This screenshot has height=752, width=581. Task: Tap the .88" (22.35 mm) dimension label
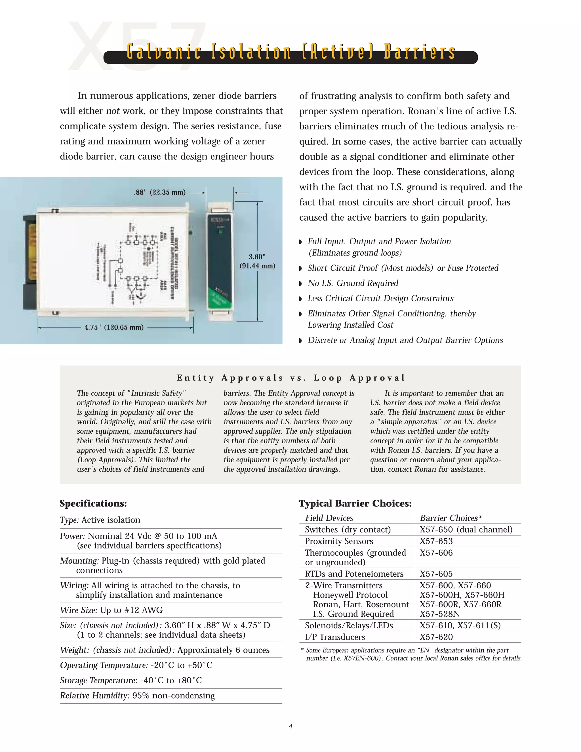pyautogui.click(x=159, y=192)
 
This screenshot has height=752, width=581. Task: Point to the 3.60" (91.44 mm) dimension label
pyautogui.click(x=257, y=261)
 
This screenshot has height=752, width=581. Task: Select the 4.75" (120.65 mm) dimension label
pyautogui.click(x=114, y=327)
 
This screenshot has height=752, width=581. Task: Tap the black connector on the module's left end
pyautogui.click(x=30, y=262)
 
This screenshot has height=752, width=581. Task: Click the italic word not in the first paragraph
pyautogui.click(x=113, y=111)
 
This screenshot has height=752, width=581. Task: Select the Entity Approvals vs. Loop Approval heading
pyautogui.click(x=290, y=378)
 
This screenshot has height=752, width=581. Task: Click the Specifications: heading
pyautogui.click(x=93, y=503)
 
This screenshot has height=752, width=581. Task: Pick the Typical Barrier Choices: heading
pyautogui.click(x=355, y=503)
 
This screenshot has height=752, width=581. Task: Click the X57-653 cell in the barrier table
pyautogui.click(x=436, y=541)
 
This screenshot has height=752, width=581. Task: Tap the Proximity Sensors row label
pyautogui.click(x=339, y=541)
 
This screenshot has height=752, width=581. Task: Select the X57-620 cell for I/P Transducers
pyautogui.click(x=436, y=637)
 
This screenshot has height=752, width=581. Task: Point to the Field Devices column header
pyautogui.click(x=329, y=518)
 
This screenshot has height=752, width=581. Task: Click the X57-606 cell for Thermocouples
pyautogui.click(x=436, y=553)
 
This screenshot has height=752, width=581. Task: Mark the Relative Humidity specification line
pyautogui.click(x=137, y=696)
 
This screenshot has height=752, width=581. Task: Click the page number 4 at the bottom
pyautogui.click(x=290, y=726)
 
